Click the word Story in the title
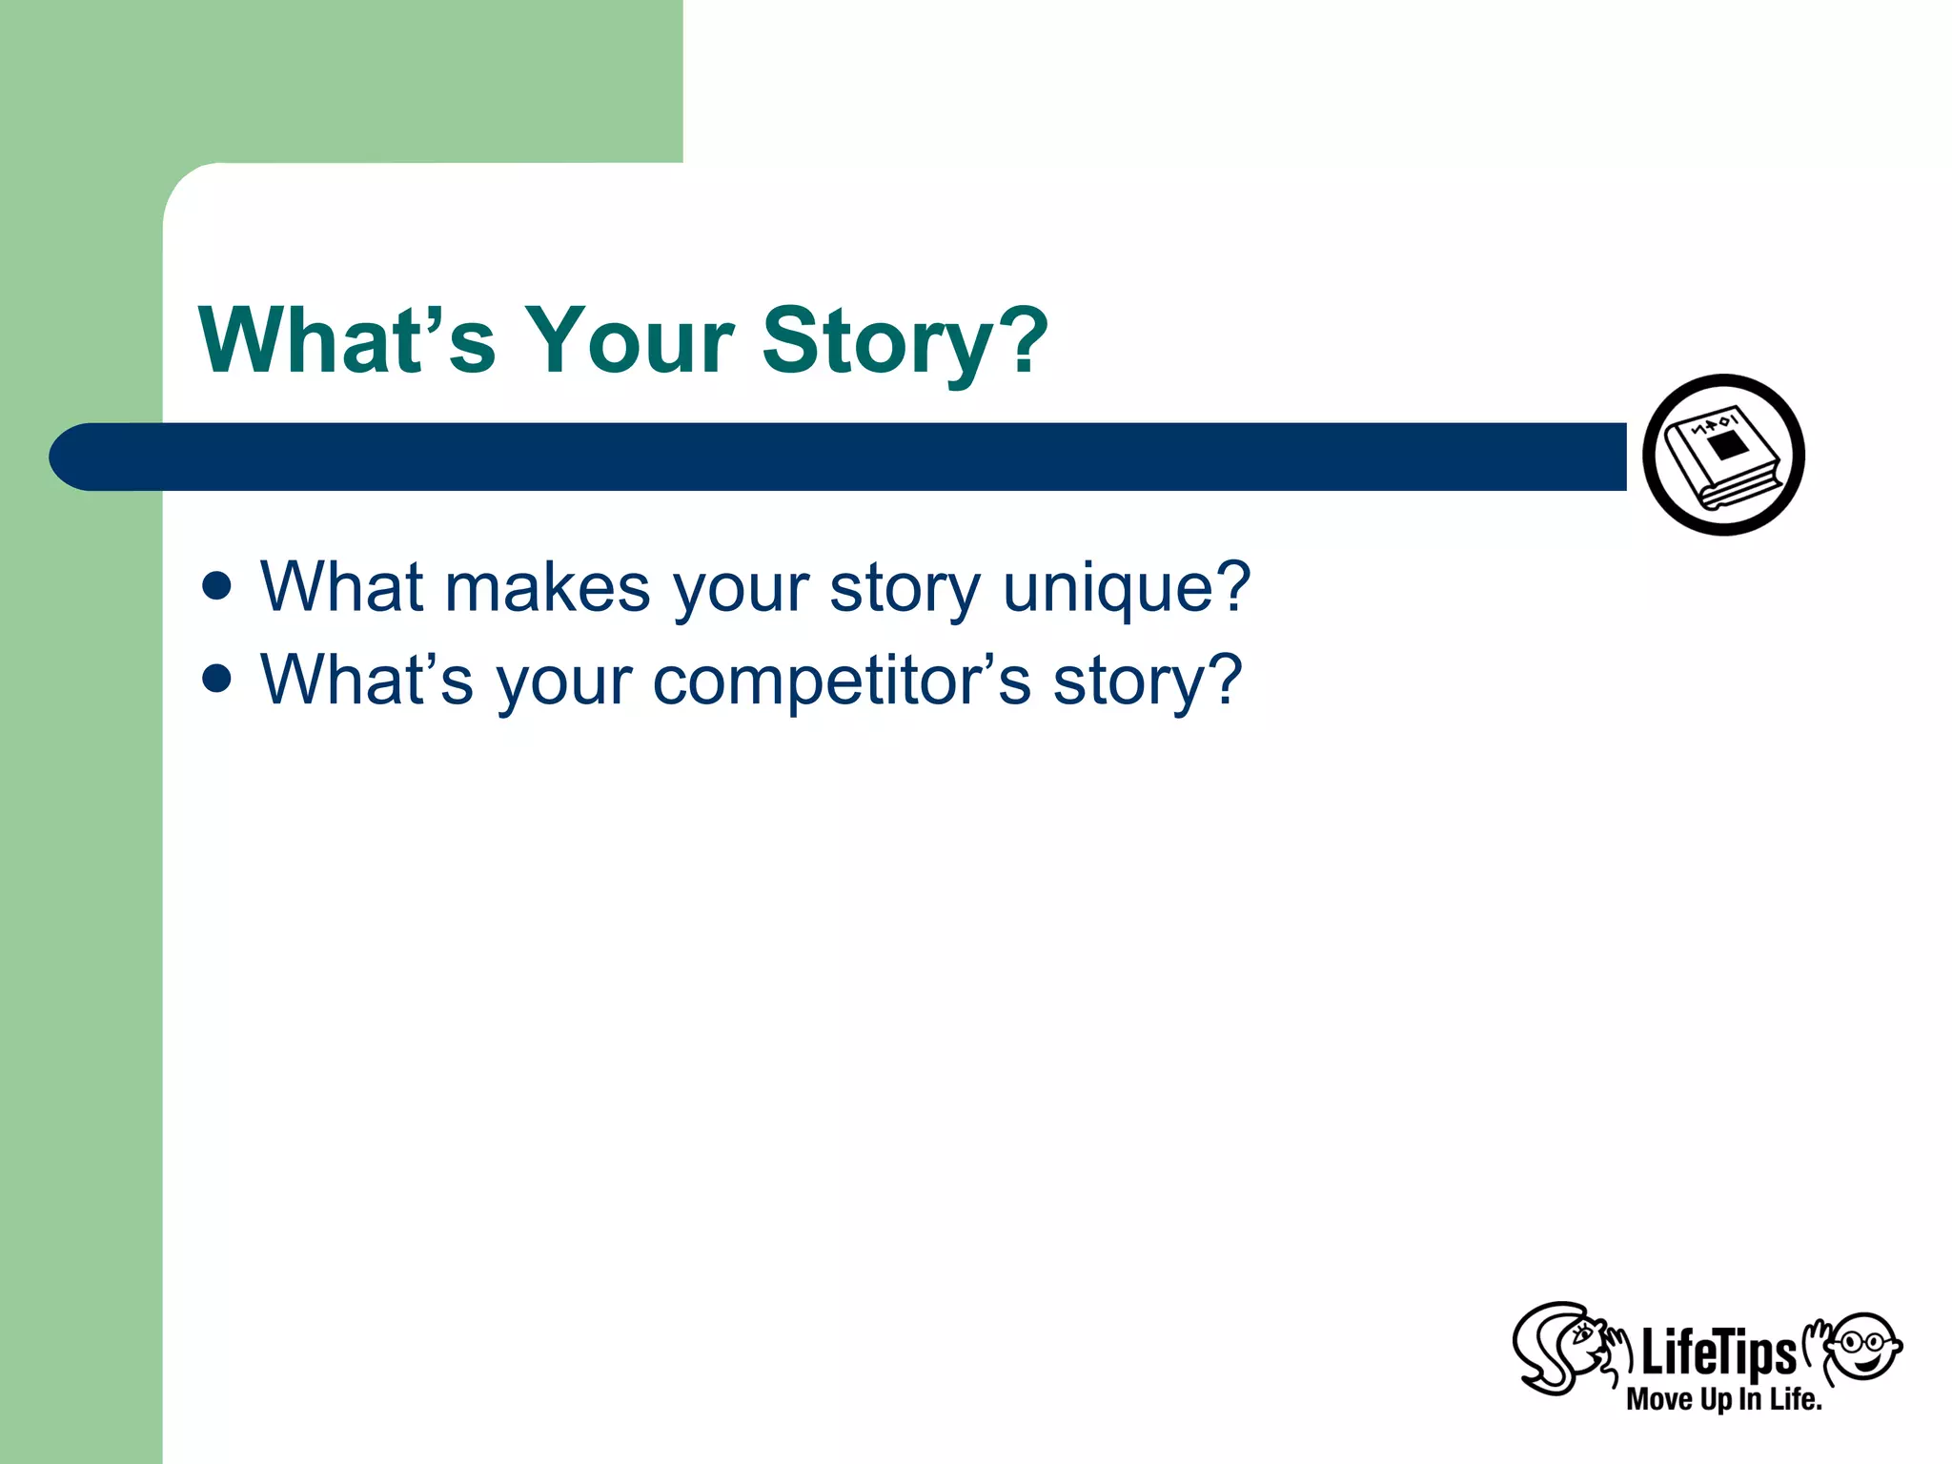click(877, 341)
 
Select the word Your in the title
click(629, 341)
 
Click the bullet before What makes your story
click(217, 585)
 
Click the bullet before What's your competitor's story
click(217, 679)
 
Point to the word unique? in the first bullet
click(1127, 589)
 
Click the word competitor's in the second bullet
click(841, 682)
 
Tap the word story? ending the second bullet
click(1147, 682)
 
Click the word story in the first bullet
click(905, 589)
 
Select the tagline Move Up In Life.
click(1723, 1399)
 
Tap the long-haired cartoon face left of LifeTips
click(1563, 1347)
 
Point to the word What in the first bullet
click(341, 587)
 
